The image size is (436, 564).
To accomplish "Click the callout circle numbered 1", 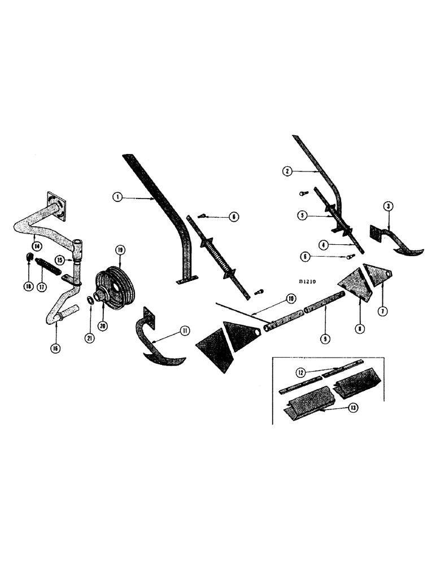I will pos(117,197).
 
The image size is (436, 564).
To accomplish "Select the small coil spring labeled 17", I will pos(47,264).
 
